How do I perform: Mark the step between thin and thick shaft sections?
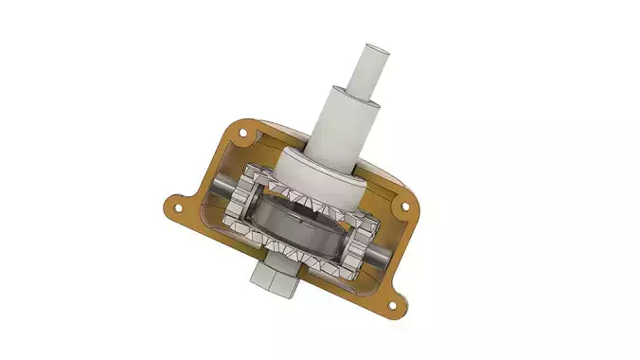(364, 91)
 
